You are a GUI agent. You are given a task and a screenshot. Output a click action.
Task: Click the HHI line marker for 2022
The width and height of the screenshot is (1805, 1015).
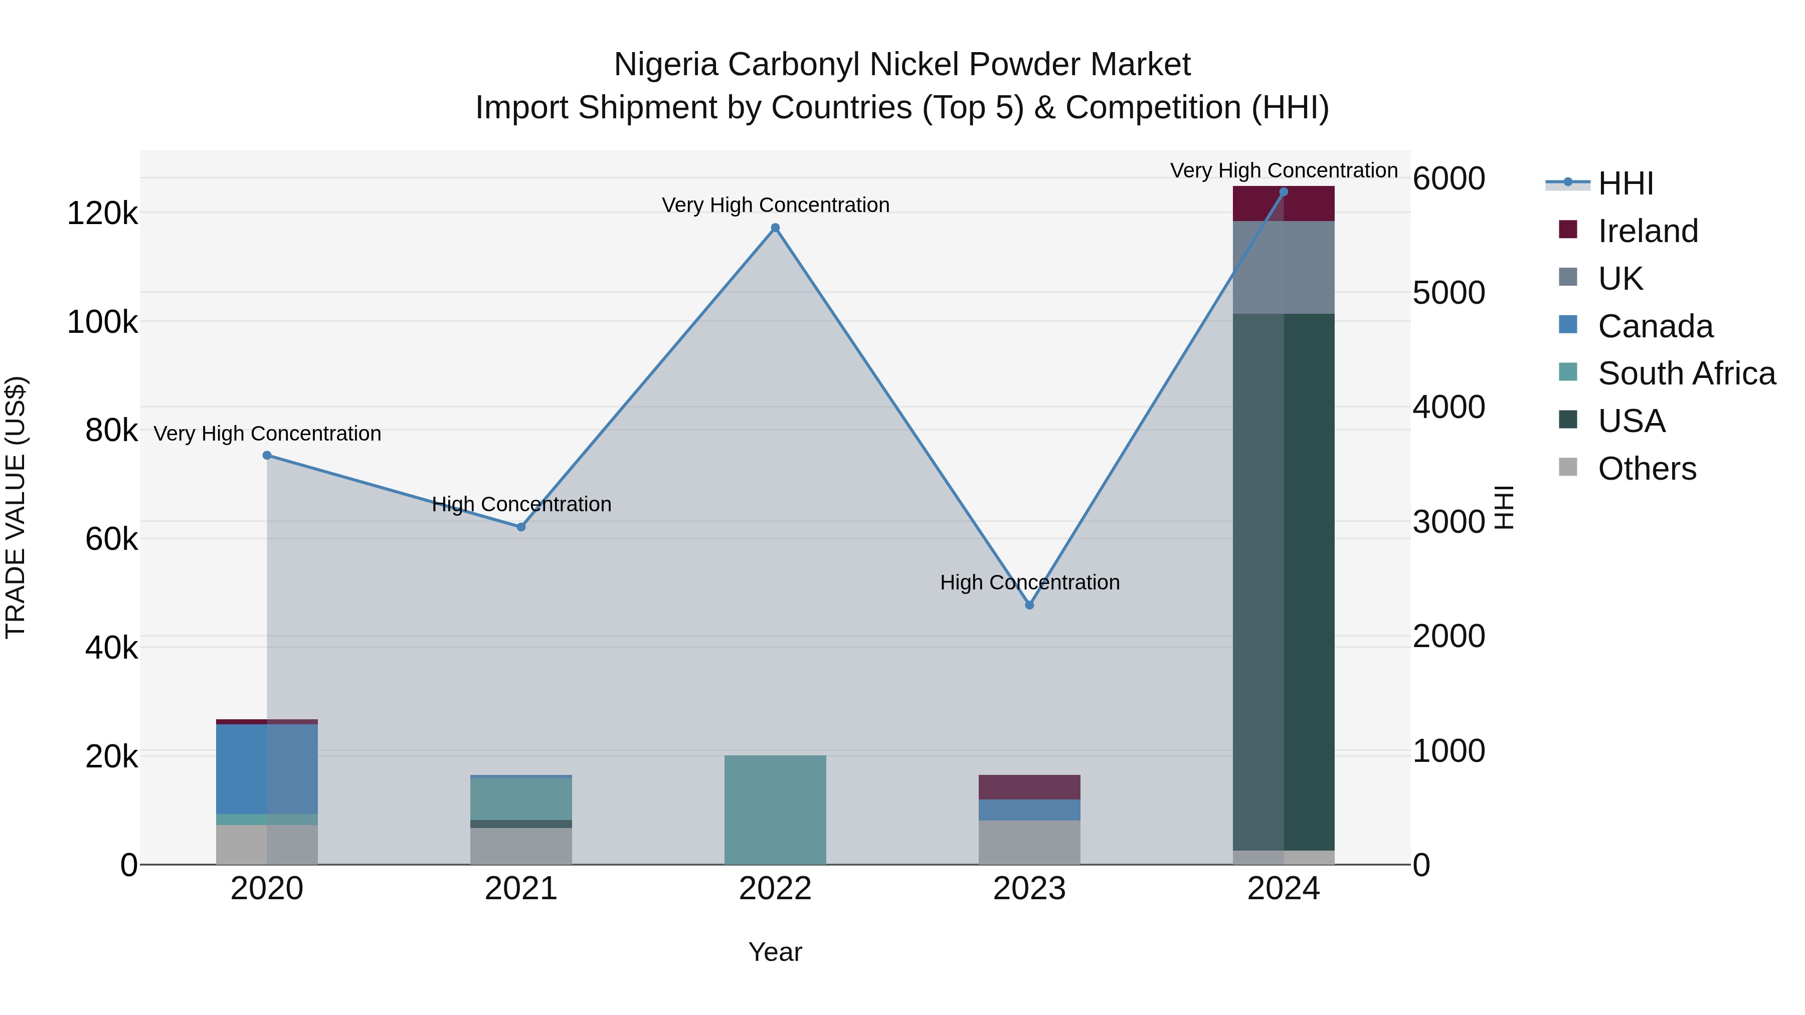point(775,228)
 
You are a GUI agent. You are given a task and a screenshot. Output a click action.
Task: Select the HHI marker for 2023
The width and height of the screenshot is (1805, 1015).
point(1029,605)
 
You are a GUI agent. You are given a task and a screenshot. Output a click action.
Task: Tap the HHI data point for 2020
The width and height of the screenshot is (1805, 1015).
point(267,455)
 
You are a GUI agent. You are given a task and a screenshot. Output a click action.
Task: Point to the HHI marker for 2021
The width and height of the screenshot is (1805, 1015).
point(520,527)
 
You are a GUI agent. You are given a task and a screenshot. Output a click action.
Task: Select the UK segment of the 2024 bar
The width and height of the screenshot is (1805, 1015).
point(1284,268)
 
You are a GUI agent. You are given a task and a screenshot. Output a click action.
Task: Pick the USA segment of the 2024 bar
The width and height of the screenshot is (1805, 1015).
point(1284,581)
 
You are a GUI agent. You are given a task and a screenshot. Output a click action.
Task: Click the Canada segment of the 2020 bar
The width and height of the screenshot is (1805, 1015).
point(267,769)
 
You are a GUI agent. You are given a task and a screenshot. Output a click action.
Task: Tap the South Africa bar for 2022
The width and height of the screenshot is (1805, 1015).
point(775,810)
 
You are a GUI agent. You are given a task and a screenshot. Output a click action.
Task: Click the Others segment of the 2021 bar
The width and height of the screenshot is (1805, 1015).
point(520,846)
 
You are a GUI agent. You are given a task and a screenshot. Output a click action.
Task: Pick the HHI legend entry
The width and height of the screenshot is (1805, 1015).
point(1625,183)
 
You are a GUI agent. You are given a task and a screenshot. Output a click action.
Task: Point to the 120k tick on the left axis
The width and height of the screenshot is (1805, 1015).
point(102,213)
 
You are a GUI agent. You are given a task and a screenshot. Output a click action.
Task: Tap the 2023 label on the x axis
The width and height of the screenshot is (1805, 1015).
point(1029,889)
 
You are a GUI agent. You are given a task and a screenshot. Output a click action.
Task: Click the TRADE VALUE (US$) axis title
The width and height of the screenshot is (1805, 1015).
point(16,507)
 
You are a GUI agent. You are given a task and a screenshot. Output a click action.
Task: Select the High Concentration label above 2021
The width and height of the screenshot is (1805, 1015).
point(521,504)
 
